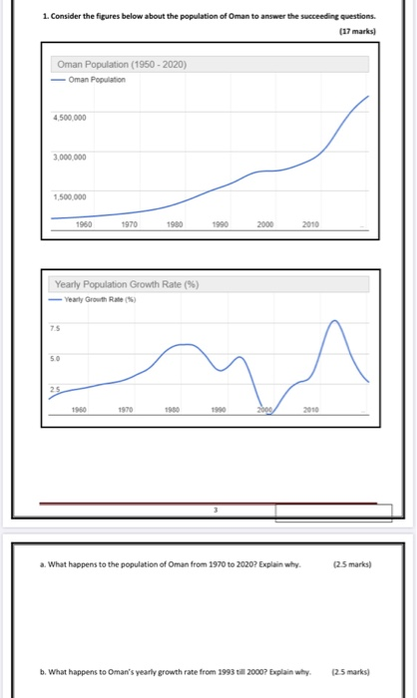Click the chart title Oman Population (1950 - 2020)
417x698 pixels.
coord(118,65)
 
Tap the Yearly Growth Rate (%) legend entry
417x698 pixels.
coord(100,297)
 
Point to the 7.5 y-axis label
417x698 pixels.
coord(57,326)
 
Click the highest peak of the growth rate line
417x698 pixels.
coord(335,321)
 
